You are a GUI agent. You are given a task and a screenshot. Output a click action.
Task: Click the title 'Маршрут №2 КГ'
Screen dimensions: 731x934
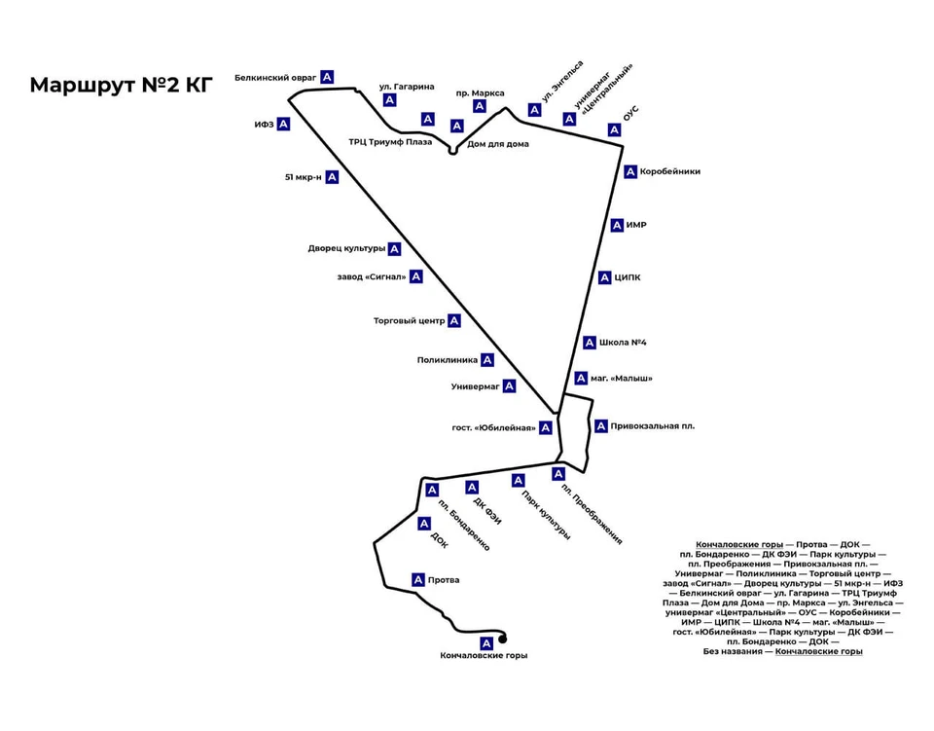point(121,85)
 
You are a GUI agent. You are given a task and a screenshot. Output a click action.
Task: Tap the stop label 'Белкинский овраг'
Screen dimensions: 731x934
point(275,76)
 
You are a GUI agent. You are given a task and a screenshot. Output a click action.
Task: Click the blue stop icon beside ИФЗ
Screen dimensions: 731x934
point(283,124)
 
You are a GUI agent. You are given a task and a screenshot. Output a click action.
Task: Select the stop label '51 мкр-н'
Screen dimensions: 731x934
point(303,177)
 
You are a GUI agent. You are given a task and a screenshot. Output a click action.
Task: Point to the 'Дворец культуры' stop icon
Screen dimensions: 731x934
point(394,249)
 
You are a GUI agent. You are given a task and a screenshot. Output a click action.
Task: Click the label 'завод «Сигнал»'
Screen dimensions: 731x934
point(371,276)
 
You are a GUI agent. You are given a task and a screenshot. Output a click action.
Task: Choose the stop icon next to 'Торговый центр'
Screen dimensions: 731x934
point(453,320)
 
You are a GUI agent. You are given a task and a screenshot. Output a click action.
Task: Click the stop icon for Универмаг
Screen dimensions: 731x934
point(509,386)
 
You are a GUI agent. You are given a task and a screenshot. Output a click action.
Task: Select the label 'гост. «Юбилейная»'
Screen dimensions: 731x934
point(494,428)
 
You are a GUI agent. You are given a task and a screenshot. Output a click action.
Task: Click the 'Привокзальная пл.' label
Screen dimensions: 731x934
point(653,426)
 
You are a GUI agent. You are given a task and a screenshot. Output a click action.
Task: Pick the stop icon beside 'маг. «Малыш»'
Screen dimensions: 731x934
point(581,379)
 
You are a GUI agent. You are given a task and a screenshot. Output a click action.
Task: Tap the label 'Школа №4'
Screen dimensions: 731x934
point(624,343)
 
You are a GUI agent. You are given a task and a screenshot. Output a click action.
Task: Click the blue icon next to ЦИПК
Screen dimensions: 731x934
point(605,277)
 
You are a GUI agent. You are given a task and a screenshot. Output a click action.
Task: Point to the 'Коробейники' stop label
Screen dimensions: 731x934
point(670,172)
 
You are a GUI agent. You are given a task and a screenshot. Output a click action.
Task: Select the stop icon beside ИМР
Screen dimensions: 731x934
point(617,226)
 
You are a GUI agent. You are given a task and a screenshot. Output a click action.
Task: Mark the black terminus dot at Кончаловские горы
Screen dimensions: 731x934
point(503,639)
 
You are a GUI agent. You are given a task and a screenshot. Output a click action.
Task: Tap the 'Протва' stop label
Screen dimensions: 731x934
point(444,580)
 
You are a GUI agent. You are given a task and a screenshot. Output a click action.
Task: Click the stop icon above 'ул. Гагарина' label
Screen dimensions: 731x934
point(390,100)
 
